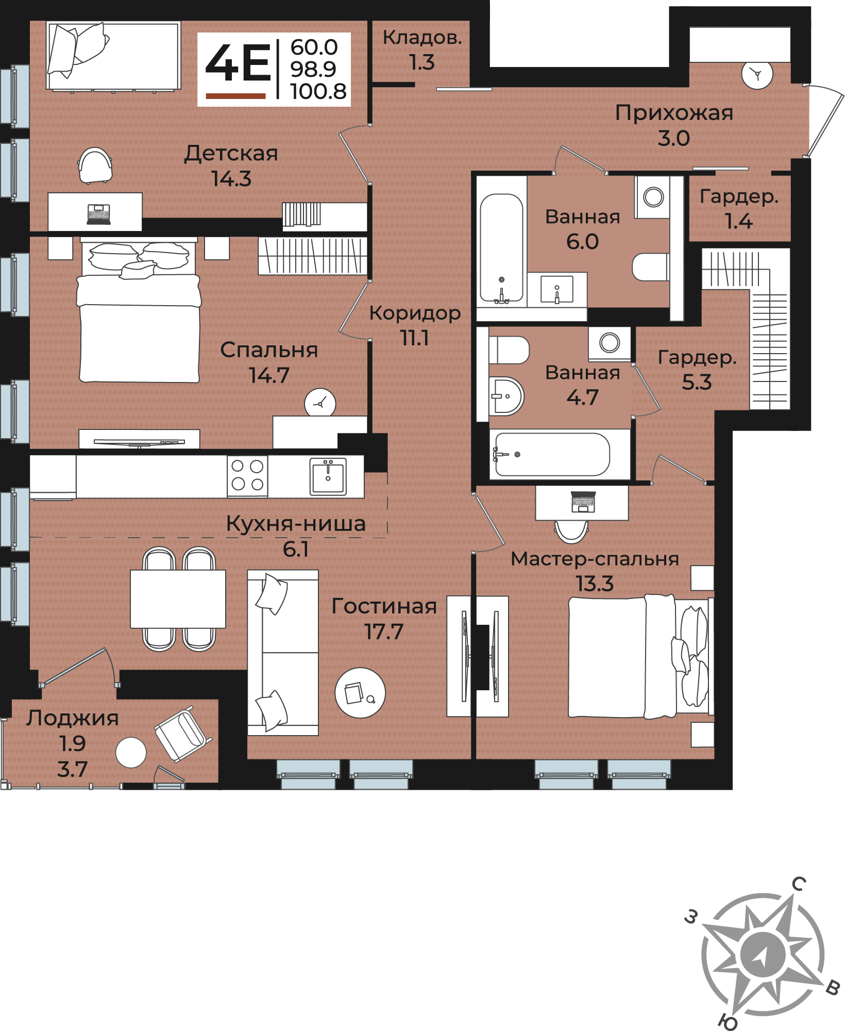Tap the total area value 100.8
tap(318, 92)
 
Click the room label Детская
tap(231, 153)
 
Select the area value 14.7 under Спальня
tap(269, 375)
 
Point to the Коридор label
tap(415, 313)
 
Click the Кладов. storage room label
tap(422, 38)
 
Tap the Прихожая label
tap(674, 113)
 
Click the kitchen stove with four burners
tap(247, 476)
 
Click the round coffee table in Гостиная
tap(360, 693)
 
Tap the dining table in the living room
tap(178, 598)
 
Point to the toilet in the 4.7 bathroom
tap(509, 350)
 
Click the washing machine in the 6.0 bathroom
tap(653, 197)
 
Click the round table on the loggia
tap(131, 752)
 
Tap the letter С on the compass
tap(798, 884)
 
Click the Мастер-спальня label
tap(595, 559)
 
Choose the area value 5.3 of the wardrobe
tap(697, 382)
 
